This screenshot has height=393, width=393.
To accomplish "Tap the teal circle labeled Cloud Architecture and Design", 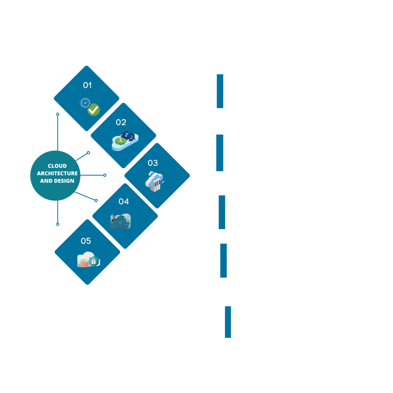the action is tap(57, 173).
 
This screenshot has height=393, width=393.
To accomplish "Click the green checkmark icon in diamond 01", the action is tap(93, 110).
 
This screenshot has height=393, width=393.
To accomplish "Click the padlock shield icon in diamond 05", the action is tap(93, 261).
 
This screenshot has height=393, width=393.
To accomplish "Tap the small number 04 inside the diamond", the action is tap(124, 201).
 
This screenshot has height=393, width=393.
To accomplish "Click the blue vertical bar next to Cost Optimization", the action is tap(220, 153).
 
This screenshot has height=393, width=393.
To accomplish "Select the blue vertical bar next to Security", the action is tap(228, 322).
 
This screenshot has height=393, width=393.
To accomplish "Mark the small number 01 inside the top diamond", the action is tap(88, 85).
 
